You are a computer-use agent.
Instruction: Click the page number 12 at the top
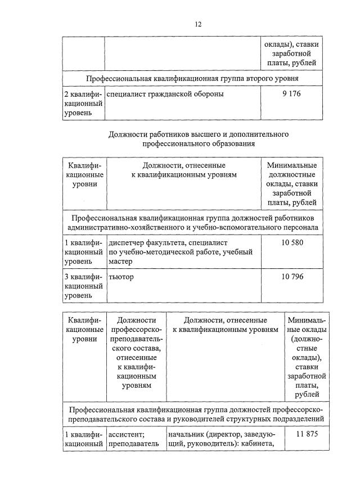pos(197,24)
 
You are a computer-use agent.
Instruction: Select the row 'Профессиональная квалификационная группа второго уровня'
pos(192,78)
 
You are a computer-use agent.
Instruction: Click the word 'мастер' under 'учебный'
pos(120,262)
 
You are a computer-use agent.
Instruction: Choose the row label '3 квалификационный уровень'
pos(83,286)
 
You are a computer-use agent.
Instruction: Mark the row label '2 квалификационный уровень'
pos(83,104)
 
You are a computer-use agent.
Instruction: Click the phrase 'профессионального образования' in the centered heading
pos(199,144)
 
